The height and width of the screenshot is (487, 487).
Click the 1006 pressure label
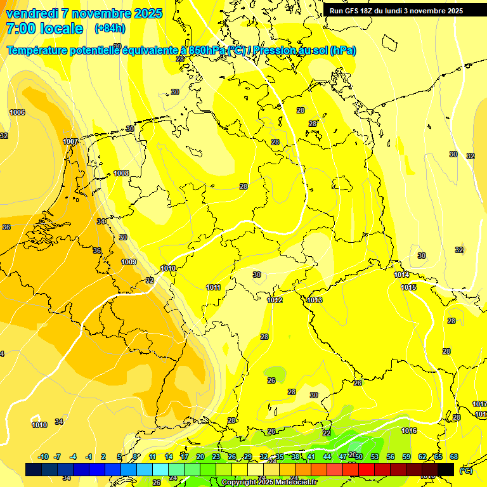tap(17, 112)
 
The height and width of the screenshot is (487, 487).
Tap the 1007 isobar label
tap(70, 141)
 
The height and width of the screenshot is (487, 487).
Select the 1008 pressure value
tap(121, 173)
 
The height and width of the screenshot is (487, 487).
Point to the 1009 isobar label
tap(129, 262)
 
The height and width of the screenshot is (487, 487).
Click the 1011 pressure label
tap(213, 287)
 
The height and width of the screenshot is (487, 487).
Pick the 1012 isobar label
tap(275, 300)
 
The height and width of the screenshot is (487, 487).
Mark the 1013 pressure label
tap(315, 300)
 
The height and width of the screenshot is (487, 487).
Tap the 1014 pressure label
tap(401, 275)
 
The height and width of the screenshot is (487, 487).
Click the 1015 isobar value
tap(409, 287)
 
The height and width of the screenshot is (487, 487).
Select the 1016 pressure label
tap(409, 431)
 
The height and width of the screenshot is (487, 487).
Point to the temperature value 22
tap(327, 433)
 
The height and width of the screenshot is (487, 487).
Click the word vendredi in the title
tap(32, 13)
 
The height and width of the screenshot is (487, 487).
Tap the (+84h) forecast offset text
tap(110, 29)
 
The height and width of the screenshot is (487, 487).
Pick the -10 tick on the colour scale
tap(44, 457)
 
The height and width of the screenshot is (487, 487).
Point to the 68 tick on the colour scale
tap(454, 457)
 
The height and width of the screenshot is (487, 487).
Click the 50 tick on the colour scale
tap(359, 457)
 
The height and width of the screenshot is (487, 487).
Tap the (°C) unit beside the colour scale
tap(465, 470)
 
